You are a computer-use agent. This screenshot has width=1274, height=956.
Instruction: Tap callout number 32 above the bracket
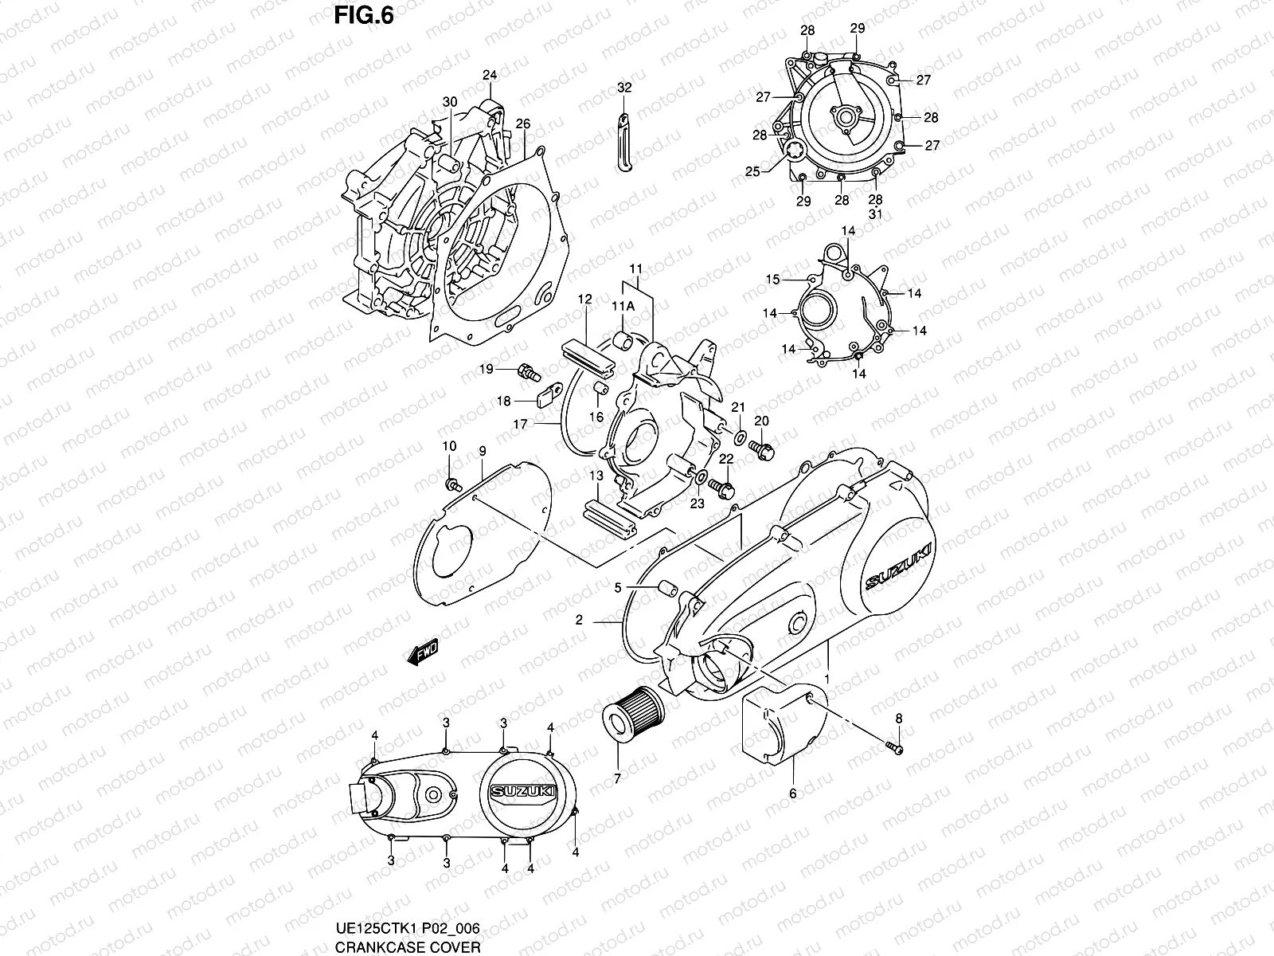click(624, 88)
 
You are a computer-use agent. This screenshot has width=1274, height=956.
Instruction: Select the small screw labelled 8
click(896, 746)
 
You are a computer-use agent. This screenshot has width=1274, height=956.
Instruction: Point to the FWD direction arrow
click(422, 652)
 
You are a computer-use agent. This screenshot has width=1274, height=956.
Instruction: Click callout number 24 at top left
click(489, 76)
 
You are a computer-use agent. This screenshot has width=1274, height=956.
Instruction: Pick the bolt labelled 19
click(528, 370)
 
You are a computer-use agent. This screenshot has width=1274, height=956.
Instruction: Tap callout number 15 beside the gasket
click(772, 279)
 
